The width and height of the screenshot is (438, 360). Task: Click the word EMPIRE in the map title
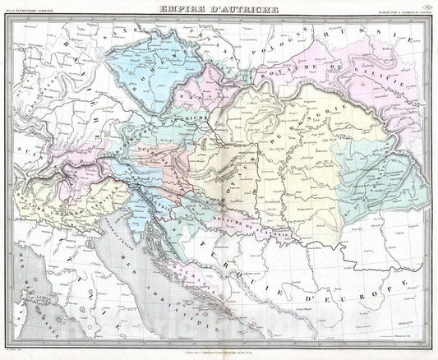coord(182,10)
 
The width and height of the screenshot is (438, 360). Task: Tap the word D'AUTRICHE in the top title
coord(242,10)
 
